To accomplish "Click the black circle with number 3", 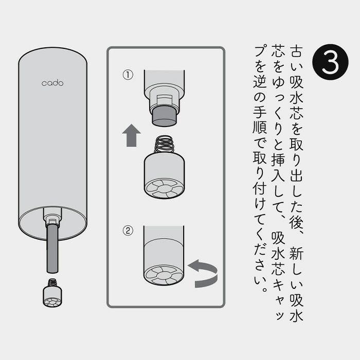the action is (330, 62).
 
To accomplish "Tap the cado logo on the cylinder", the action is (52, 83).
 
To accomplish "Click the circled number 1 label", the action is (128, 75).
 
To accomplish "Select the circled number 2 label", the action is (128, 230).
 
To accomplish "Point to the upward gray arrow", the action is (131, 135).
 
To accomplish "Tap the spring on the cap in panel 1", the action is (164, 144).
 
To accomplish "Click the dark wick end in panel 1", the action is (164, 116).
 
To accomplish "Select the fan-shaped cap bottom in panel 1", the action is (164, 189).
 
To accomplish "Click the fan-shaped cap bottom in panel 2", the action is (164, 275).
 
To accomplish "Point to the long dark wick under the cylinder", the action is (52, 248).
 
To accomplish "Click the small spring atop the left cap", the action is (52, 282).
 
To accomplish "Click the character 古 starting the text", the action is (296, 51).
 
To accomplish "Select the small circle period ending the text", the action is (265, 289).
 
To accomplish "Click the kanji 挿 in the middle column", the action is (278, 159).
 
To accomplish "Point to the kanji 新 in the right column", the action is (296, 253).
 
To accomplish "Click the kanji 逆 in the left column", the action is (260, 81).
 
